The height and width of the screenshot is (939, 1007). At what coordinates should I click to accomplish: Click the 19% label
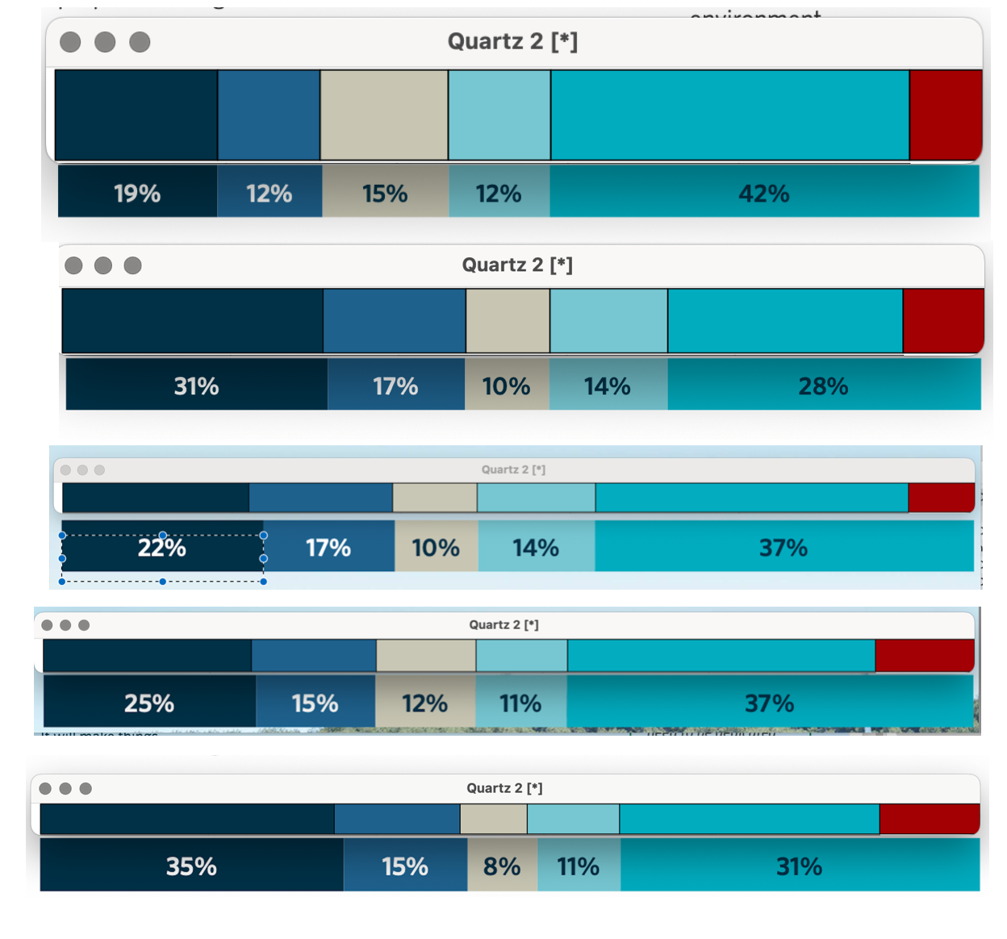point(137,194)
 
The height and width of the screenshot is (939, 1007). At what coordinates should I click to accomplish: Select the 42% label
point(763,194)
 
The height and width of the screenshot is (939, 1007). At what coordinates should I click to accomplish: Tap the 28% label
point(823,386)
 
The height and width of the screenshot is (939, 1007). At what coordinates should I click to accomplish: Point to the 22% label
point(161,548)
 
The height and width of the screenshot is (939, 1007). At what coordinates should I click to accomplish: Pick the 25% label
point(149,703)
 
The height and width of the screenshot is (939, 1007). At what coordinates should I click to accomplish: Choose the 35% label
point(191,866)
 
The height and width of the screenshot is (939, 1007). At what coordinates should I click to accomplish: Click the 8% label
point(501,866)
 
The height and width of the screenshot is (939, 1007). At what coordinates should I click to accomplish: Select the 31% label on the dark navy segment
point(196,386)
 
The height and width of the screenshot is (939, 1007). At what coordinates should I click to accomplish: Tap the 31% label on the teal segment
point(799,866)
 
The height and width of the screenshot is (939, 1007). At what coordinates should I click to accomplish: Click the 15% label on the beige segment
point(385,194)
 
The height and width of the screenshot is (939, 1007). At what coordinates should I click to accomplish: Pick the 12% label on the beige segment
point(424,703)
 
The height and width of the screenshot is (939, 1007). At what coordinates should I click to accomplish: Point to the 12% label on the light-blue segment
point(498,194)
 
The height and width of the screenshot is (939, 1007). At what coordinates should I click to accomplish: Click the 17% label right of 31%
point(395,386)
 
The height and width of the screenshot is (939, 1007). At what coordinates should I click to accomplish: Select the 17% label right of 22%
point(328,548)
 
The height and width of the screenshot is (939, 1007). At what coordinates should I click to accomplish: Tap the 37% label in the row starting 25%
point(769,703)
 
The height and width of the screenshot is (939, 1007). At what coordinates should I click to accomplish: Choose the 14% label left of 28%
point(607,386)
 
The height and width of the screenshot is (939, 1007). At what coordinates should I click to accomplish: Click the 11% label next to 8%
point(578,866)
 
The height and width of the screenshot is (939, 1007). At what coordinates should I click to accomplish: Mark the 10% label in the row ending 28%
point(506,386)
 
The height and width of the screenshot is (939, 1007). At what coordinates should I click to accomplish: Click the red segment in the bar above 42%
point(945,115)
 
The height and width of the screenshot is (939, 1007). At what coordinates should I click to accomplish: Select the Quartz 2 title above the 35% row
point(504,788)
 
